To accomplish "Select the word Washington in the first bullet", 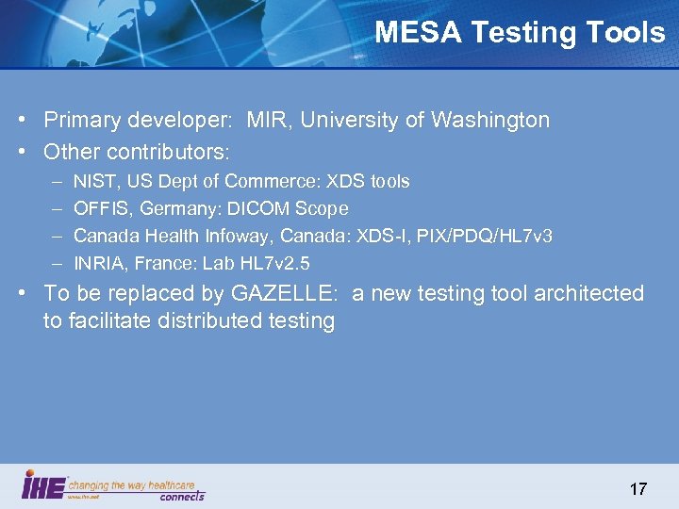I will pyautogui.click(x=490, y=121).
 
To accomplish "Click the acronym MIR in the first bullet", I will pyautogui.click(x=264, y=121).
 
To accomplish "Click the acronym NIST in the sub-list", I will pyautogui.click(x=91, y=181).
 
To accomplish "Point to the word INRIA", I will pyautogui.click(x=98, y=263).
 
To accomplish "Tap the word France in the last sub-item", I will pyautogui.click(x=167, y=263).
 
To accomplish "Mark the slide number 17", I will pyautogui.click(x=638, y=489).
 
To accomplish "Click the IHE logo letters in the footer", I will pyautogui.click(x=43, y=485).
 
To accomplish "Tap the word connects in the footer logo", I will pyautogui.click(x=182, y=496).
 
